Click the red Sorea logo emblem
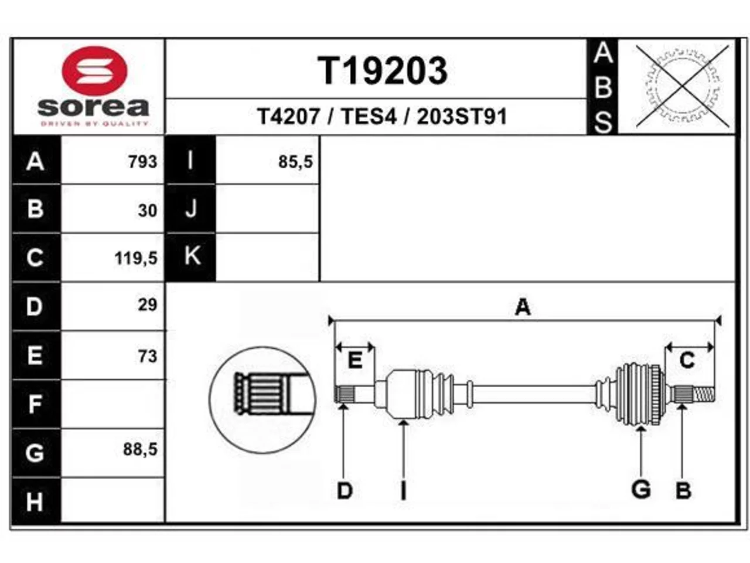94,70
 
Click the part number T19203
383,71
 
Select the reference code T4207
288,116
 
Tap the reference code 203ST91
462,116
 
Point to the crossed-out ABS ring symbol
683,86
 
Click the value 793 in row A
143,161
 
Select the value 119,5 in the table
136,258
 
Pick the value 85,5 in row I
295,162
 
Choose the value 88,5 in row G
141,449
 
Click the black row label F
36,403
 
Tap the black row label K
190,257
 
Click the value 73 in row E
148,356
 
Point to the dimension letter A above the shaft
523,307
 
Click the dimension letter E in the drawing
354,359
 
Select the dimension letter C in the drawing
687,360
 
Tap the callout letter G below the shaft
641,490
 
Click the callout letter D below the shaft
345,491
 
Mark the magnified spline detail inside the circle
262,400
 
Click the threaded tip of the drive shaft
704,394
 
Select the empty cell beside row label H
112,500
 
